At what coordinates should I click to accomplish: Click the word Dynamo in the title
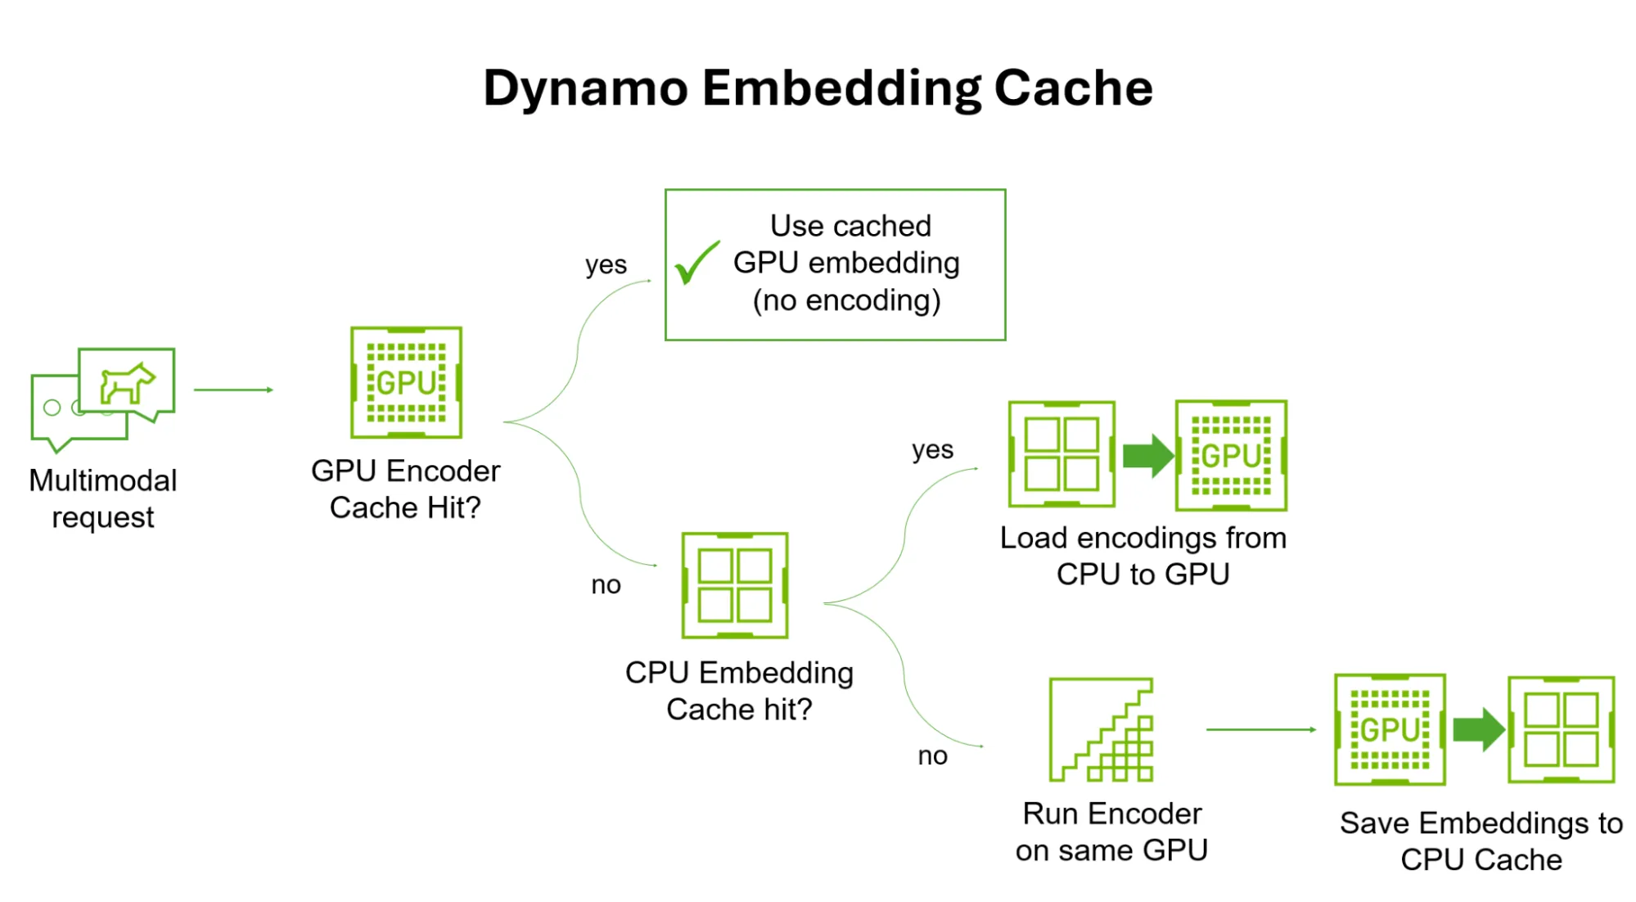584,88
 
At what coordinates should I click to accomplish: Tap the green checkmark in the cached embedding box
696,263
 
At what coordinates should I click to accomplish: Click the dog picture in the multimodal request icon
127,382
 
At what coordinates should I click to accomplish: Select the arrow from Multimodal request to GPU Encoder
233,390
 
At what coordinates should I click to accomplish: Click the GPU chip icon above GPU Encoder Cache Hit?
406,382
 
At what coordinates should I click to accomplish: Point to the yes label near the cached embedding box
606,264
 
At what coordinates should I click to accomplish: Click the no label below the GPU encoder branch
606,584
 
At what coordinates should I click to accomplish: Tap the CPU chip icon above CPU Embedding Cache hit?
734,585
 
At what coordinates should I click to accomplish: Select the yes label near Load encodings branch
932,449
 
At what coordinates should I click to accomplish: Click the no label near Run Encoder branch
932,755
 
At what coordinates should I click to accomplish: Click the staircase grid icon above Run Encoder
1102,729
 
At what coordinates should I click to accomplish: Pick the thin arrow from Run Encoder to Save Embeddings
1260,729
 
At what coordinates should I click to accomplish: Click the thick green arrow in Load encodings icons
1147,455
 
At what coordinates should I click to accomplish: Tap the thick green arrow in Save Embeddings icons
1478,728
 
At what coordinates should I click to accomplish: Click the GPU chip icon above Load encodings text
1231,455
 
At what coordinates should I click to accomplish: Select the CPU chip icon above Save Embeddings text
1561,729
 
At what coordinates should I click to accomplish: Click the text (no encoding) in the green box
846,300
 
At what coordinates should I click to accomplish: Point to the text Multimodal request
103,498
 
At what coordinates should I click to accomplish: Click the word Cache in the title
1073,88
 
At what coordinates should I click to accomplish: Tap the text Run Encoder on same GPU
1111,832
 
